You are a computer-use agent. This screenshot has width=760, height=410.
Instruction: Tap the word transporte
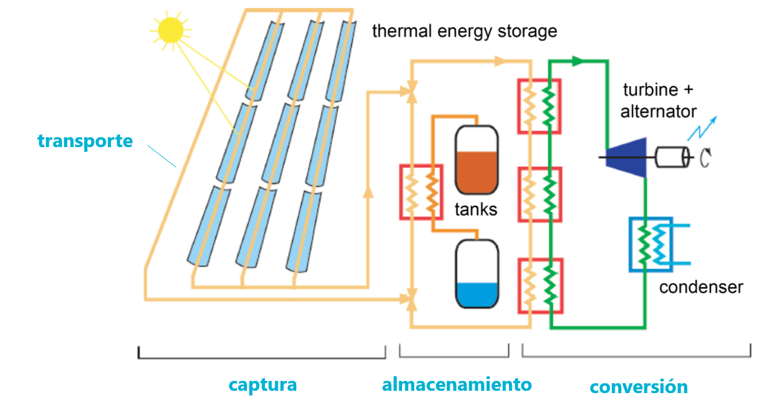(x=85, y=141)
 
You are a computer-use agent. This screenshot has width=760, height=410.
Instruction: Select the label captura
(x=263, y=384)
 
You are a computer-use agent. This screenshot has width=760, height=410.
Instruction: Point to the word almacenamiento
(x=457, y=384)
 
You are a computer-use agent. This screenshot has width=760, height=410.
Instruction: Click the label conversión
(x=639, y=387)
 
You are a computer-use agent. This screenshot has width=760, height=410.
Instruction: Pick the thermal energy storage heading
(x=464, y=31)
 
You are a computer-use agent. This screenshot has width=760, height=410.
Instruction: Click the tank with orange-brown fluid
(x=476, y=160)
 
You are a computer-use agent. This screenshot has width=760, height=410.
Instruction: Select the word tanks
(x=476, y=209)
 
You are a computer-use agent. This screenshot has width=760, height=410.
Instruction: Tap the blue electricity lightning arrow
(x=702, y=128)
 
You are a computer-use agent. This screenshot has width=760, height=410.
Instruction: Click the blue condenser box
(x=651, y=244)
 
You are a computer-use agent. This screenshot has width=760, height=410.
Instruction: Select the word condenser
(x=701, y=287)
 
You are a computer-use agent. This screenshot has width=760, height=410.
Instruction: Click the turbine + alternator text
(x=658, y=100)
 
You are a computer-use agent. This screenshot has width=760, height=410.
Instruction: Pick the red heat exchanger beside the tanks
(x=421, y=192)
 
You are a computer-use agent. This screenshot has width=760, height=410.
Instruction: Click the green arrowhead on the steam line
(x=577, y=60)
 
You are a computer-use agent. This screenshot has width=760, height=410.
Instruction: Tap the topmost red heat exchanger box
(x=539, y=106)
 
